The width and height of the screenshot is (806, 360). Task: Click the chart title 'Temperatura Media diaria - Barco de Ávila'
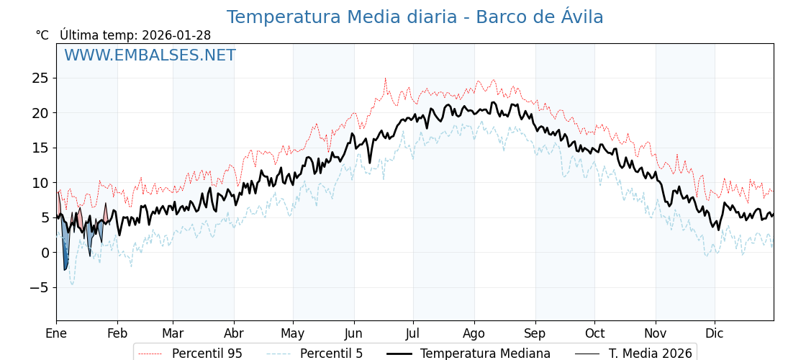click(415, 17)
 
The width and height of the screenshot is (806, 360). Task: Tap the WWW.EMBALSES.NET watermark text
click(150, 55)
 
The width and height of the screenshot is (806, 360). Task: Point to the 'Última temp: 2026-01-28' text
click(135, 35)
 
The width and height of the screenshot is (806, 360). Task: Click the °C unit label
click(42, 35)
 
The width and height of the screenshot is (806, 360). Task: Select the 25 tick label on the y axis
click(40, 78)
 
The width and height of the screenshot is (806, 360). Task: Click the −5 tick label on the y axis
click(37, 287)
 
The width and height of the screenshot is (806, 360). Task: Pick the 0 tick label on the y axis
click(45, 253)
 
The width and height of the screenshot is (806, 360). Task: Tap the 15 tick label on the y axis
click(40, 148)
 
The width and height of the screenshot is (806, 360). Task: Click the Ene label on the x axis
click(56, 334)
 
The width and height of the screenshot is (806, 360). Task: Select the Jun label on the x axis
click(353, 334)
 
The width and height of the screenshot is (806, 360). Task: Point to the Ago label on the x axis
click(474, 334)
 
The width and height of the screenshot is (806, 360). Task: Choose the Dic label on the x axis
click(715, 334)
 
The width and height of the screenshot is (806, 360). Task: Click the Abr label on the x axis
click(234, 334)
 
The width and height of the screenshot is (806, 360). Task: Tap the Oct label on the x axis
click(594, 334)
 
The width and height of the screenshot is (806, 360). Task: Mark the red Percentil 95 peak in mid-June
click(385, 78)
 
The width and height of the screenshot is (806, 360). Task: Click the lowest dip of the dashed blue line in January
click(72, 284)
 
